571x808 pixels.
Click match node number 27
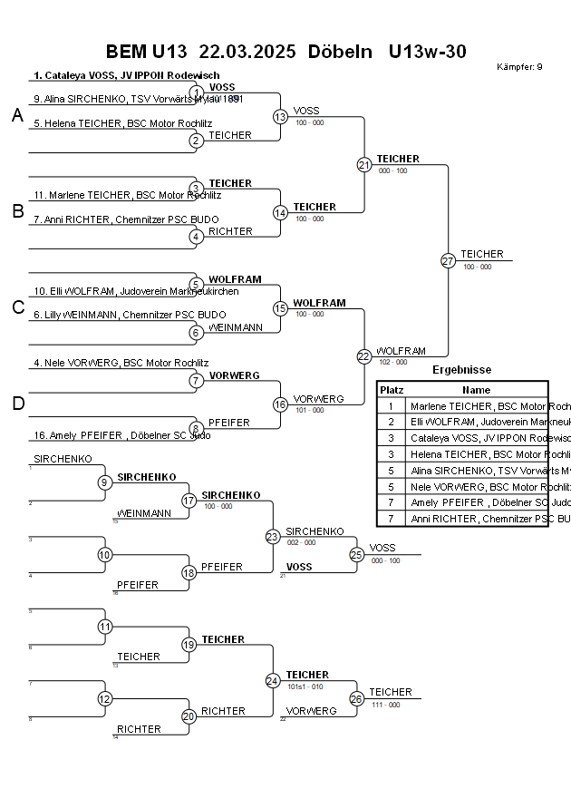(x=448, y=260)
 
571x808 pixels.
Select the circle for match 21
(x=364, y=164)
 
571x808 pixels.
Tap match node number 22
(x=364, y=356)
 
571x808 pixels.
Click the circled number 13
(x=280, y=116)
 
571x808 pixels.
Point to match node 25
(x=357, y=554)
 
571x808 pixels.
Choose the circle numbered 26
(x=357, y=698)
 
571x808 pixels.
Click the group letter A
(x=16, y=115)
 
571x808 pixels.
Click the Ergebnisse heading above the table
(x=461, y=370)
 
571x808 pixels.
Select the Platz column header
(x=392, y=389)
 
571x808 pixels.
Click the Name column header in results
(x=476, y=389)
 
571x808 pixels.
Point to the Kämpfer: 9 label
(x=519, y=67)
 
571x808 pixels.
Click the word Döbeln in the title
(x=340, y=52)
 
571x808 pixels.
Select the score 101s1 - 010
(x=305, y=686)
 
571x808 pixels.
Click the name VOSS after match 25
(x=382, y=548)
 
